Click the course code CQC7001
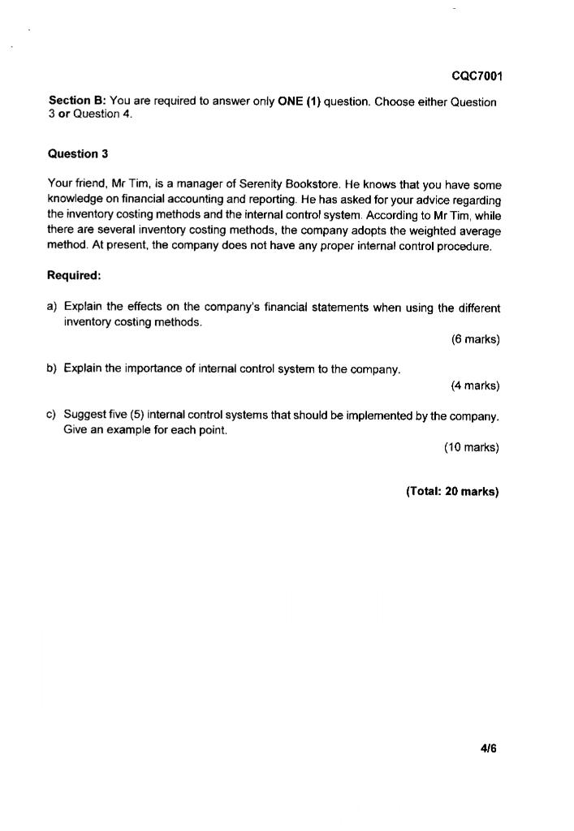click(x=477, y=76)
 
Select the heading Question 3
click(x=78, y=153)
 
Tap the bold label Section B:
click(x=77, y=101)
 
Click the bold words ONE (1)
click(x=299, y=101)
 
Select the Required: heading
click(x=74, y=275)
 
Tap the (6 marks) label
click(x=475, y=339)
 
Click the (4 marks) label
click(x=475, y=385)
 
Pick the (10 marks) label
click(x=472, y=447)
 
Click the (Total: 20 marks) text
click(x=452, y=491)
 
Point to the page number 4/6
click(x=487, y=747)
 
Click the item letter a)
click(x=53, y=308)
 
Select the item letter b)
click(x=53, y=369)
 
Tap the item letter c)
click(x=53, y=415)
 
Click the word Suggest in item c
click(x=84, y=415)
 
